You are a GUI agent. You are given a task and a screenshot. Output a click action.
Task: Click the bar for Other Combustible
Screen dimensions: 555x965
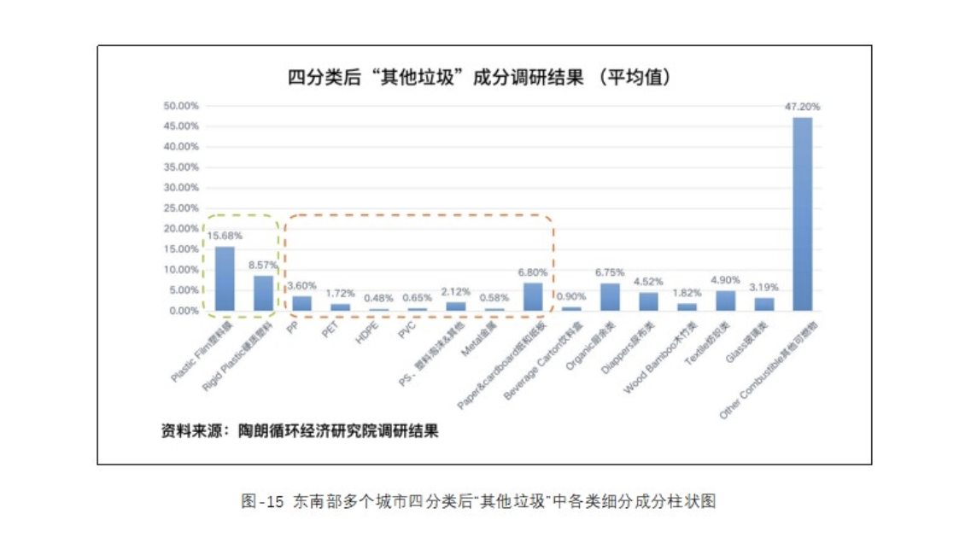[803, 213]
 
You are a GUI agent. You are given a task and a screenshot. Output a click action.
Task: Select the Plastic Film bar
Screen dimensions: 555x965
[225, 278]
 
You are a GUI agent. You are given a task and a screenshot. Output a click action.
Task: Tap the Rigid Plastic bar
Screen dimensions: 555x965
[263, 293]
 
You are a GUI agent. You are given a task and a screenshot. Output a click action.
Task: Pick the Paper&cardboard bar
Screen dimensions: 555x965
[533, 296]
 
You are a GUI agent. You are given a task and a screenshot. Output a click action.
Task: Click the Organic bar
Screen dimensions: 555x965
[610, 296]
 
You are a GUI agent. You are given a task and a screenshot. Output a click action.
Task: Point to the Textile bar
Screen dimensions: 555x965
[725, 301]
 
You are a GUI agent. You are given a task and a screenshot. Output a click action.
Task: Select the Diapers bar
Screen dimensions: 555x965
[648, 301]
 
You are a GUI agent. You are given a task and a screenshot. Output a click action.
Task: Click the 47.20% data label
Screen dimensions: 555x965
[803, 107]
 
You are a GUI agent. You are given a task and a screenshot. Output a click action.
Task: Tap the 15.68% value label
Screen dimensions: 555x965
[225, 235]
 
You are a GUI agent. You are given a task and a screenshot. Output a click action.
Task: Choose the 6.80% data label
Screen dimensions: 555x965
[533, 272]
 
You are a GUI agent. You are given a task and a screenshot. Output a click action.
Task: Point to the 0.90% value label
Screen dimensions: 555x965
[571, 296]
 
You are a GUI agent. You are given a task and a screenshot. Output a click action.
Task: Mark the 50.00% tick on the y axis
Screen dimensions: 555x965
[180, 106]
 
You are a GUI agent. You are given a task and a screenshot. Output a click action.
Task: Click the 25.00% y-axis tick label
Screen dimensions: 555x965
[180, 208]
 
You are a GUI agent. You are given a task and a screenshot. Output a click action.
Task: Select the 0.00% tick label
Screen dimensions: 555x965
[183, 311]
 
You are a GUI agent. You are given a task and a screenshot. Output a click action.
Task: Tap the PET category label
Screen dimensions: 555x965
[331, 331]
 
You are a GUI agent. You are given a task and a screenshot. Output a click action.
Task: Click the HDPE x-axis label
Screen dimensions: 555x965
[366, 334]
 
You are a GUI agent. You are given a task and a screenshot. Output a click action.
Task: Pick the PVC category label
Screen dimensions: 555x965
[406, 332]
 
